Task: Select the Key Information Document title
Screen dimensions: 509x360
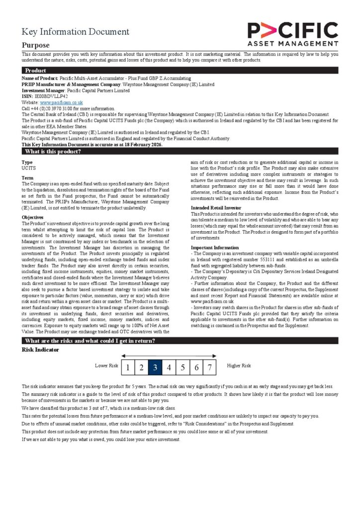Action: point(75,32)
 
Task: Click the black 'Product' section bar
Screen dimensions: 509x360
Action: point(180,71)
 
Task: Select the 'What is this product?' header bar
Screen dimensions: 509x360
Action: point(180,151)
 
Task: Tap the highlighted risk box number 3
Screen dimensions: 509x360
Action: point(155,368)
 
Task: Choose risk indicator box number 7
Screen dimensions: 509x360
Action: point(210,368)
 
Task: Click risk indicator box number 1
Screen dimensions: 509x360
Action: point(128,368)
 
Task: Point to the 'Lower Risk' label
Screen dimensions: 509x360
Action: point(106,366)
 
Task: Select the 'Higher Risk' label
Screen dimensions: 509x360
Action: point(239,366)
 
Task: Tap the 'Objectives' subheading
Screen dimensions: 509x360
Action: point(33,217)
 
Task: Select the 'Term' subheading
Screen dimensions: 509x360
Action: point(27,178)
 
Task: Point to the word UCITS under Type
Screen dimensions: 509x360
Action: point(29,169)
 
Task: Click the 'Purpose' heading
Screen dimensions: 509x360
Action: point(35,45)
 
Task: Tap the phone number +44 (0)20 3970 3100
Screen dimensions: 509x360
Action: point(51,108)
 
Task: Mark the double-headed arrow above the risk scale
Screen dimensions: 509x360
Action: point(169,356)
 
